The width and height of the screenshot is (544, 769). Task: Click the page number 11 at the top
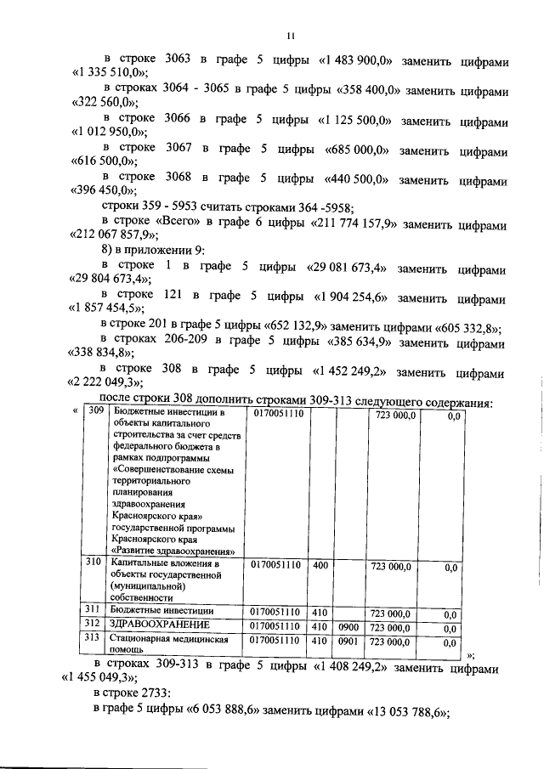(x=289, y=35)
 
